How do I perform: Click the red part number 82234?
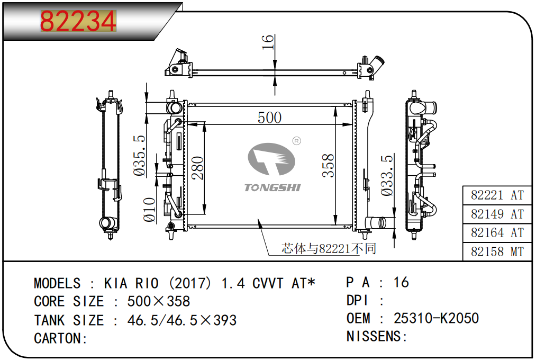[78, 21]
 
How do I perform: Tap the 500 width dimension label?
[269, 118]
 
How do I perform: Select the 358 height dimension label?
[328, 166]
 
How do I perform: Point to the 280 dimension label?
[197, 168]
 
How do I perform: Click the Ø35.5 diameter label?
[140, 156]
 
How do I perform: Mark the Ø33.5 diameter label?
[387, 175]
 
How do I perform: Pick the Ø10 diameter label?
[149, 210]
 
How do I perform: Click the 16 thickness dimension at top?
[268, 42]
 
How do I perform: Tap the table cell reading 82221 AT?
[497, 195]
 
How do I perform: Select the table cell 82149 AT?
[497, 214]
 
